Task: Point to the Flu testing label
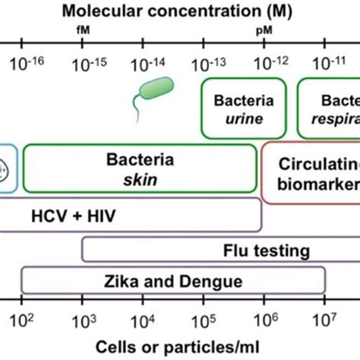[266, 250]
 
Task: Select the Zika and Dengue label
[172, 281]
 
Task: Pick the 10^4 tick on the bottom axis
[142, 317]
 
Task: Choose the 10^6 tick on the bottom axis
[264, 317]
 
